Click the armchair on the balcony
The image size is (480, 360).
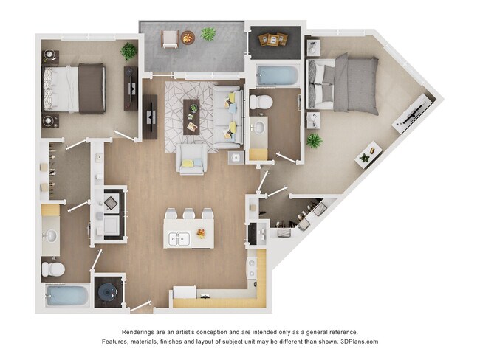170,38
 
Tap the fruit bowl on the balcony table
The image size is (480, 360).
188,37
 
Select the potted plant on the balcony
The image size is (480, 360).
208,34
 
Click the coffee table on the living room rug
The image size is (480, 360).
191,115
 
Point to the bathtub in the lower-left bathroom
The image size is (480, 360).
67,296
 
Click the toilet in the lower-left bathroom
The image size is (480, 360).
52,269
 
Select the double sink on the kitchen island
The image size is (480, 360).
179,238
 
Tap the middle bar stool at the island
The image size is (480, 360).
189,215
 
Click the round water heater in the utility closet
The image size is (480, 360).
108,293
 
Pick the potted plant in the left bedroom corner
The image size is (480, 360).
128,51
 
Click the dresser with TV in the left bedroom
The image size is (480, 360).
131,89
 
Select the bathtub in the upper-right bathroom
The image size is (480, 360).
275,75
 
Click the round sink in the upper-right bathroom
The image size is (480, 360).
259,128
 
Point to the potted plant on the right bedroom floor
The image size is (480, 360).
314,140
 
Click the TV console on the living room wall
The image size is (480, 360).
150,117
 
